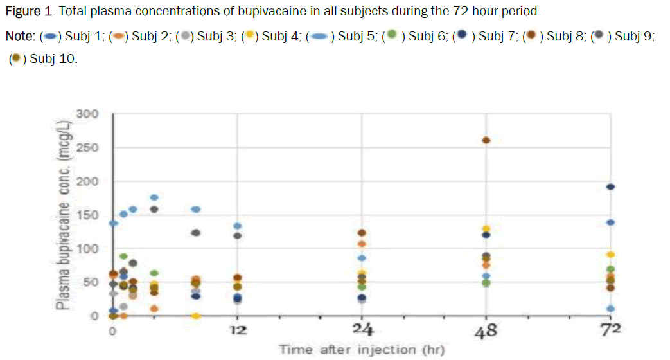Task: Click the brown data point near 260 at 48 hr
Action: click(486, 140)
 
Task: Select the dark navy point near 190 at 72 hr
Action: click(611, 187)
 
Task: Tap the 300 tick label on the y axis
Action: click(87, 114)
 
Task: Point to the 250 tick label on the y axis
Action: click(87, 147)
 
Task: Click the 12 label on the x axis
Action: click(238, 332)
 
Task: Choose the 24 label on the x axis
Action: click(362, 331)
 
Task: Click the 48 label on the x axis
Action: click(486, 331)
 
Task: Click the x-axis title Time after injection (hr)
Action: click(362, 350)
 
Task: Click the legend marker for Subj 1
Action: click(53, 36)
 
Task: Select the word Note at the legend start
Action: click(19, 36)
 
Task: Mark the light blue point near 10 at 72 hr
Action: click(611, 309)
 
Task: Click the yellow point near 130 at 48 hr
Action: click(486, 229)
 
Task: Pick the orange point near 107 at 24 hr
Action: click(362, 244)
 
